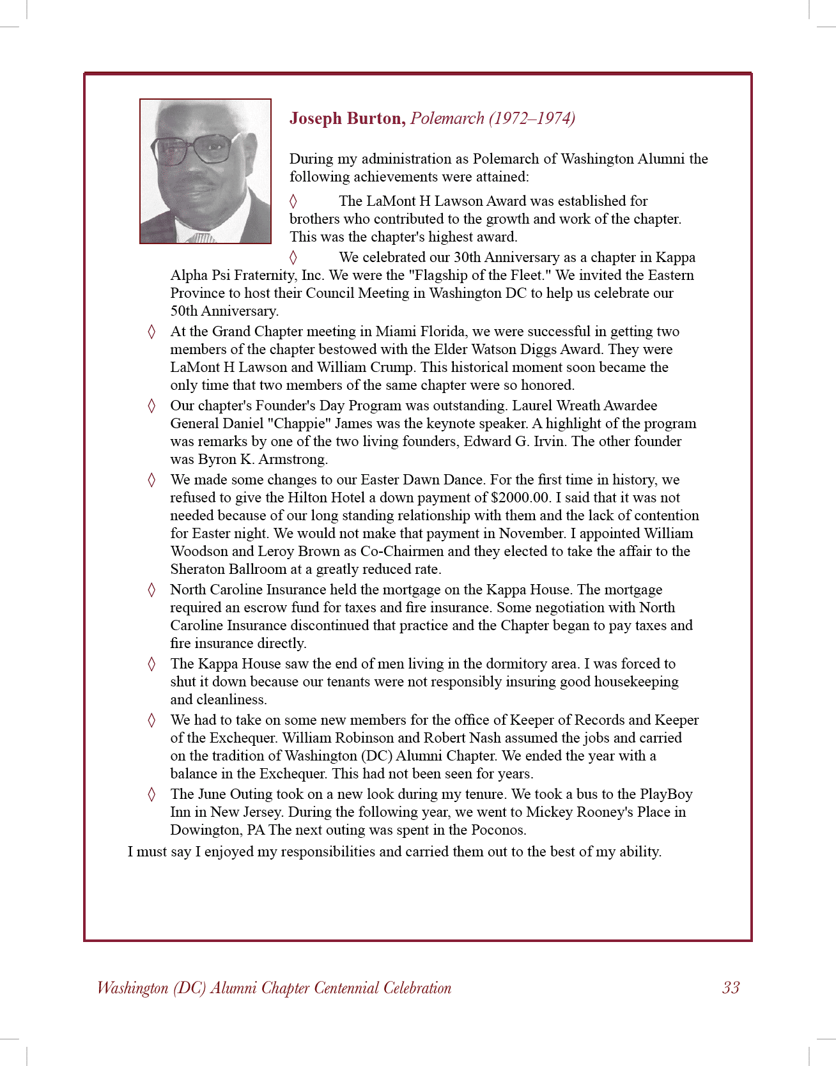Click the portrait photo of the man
pyautogui.click(x=205, y=171)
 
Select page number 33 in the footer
pyautogui.click(x=731, y=988)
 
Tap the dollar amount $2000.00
pyautogui.click(x=520, y=498)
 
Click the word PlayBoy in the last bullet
pyautogui.click(x=666, y=794)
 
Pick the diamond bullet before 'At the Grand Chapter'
pyautogui.click(x=151, y=332)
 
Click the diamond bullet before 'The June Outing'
pyautogui.click(x=151, y=794)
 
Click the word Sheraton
pyautogui.click(x=197, y=569)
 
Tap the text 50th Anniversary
pyautogui.click(x=224, y=311)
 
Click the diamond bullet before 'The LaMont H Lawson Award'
pyautogui.click(x=293, y=201)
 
